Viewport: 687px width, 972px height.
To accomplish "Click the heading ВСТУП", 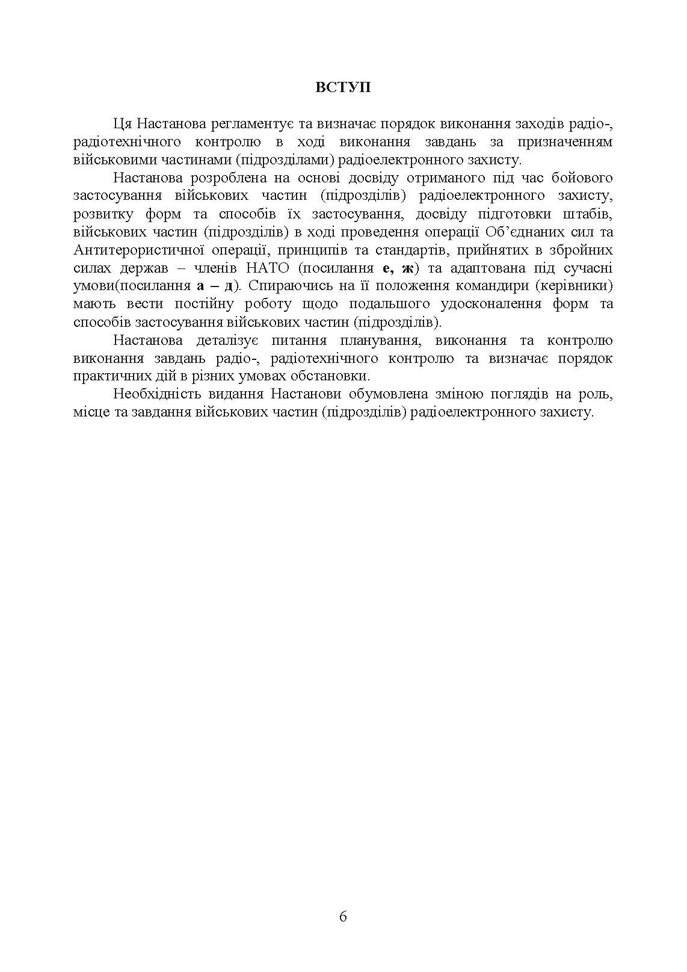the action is pyautogui.click(x=343, y=88).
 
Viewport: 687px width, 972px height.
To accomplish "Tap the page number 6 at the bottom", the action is pyautogui.click(x=343, y=917).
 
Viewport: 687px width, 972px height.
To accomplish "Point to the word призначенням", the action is pyautogui.click(x=565, y=142).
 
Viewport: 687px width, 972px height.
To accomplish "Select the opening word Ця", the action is pyautogui.click(x=121, y=124).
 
